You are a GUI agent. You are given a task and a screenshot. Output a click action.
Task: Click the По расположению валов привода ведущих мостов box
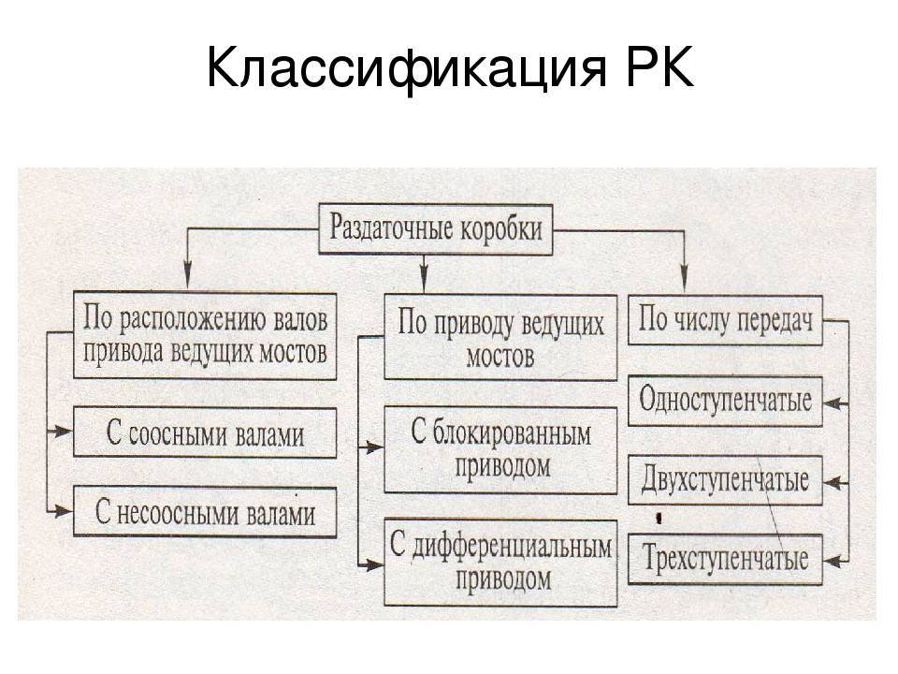(x=205, y=336)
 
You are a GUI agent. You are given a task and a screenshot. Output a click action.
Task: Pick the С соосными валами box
(x=205, y=432)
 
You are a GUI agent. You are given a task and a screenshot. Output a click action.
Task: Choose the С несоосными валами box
(x=205, y=512)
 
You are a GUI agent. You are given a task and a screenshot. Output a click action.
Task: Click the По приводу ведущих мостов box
(x=501, y=338)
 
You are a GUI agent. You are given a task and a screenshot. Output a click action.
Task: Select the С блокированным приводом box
(x=501, y=449)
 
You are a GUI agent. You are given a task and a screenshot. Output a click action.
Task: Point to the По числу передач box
(x=725, y=323)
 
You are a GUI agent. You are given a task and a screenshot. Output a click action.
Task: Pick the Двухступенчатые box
(x=725, y=481)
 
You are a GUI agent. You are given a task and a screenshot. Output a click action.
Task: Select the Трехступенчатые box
(x=725, y=560)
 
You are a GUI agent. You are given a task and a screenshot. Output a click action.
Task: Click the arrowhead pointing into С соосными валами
(x=65, y=432)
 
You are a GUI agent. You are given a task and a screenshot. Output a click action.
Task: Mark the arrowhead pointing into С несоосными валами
(x=65, y=511)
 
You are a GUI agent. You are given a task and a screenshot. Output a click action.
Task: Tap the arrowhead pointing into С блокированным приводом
(x=375, y=448)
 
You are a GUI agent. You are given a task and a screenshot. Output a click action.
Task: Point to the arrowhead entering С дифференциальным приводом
(x=375, y=564)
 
